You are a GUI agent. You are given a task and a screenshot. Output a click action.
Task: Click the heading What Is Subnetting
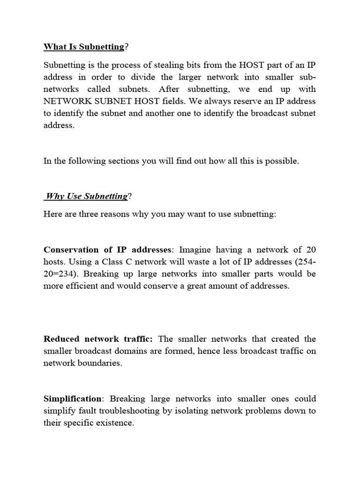[84, 47]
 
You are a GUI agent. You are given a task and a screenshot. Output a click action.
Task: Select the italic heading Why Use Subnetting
[86, 196]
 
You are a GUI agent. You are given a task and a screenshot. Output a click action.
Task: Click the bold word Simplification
[73, 399]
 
